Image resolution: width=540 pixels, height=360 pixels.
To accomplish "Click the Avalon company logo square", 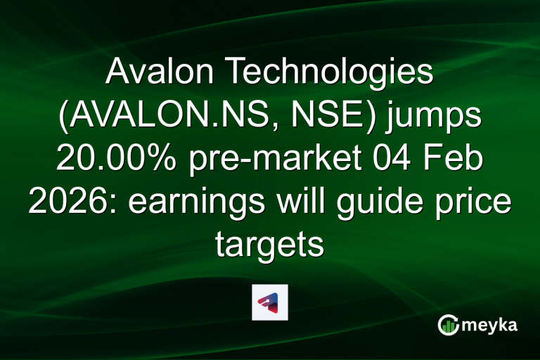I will click(x=269, y=302).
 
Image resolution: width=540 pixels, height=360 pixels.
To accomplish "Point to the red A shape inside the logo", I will click(x=267, y=302).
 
